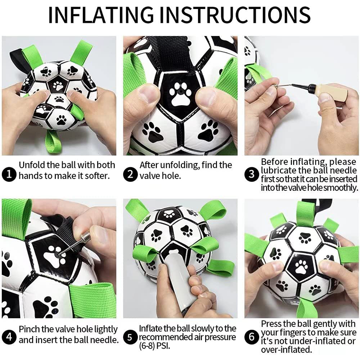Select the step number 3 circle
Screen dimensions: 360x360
pyautogui.click(x=252, y=175)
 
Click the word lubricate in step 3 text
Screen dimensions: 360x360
pyautogui.click(x=282, y=170)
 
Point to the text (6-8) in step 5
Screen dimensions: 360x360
pyautogui.click(x=149, y=346)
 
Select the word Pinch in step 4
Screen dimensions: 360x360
pyautogui.click(x=29, y=329)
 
